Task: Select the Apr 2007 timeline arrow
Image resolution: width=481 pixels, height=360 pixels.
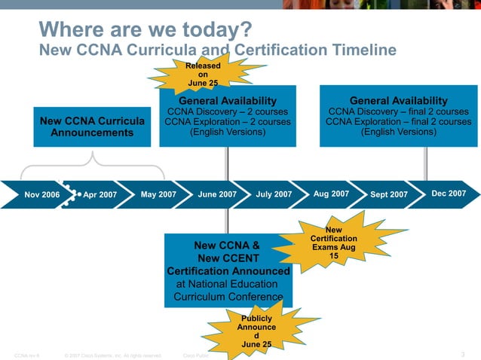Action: coord(98,194)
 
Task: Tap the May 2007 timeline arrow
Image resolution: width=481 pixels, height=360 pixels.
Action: coord(158,194)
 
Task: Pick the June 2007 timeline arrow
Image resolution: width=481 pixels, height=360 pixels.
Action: coord(216,194)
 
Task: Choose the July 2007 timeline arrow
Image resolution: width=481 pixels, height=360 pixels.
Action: coord(273,194)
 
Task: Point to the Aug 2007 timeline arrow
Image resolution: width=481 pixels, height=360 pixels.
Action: coord(331,194)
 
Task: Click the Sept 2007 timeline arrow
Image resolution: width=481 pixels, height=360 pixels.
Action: coord(388,194)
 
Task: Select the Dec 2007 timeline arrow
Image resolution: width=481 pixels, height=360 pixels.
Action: coord(448,194)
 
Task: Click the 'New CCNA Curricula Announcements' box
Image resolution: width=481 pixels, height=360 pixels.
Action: coord(92,127)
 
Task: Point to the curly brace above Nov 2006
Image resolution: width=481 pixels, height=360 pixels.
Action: coord(92,160)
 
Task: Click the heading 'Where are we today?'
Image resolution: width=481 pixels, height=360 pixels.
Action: coord(145,31)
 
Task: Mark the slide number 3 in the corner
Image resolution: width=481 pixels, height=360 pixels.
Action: coord(462,354)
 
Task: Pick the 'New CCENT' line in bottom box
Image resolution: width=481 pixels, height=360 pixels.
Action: coord(228,258)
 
